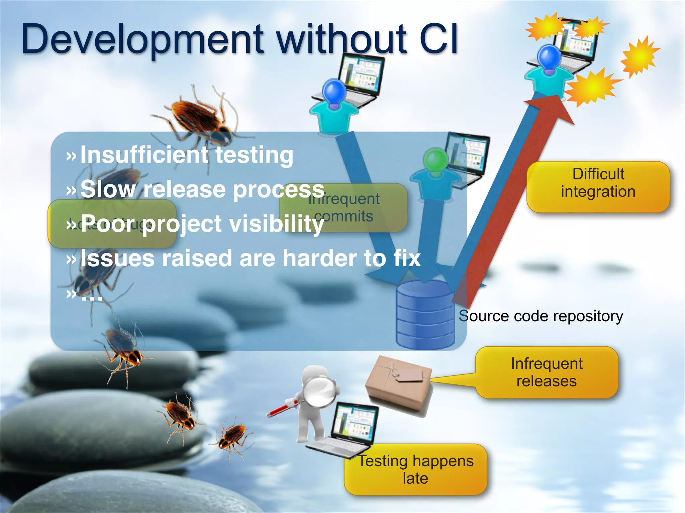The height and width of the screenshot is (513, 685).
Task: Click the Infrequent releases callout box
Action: (x=547, y=372)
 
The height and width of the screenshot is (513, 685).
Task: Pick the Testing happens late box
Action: (x=416, y=470)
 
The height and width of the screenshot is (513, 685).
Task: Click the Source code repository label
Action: (x=541, y=316)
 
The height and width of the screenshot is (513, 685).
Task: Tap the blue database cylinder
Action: (x=425, y=314)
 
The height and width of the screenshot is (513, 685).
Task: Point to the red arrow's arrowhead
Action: (x=555, y=107)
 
